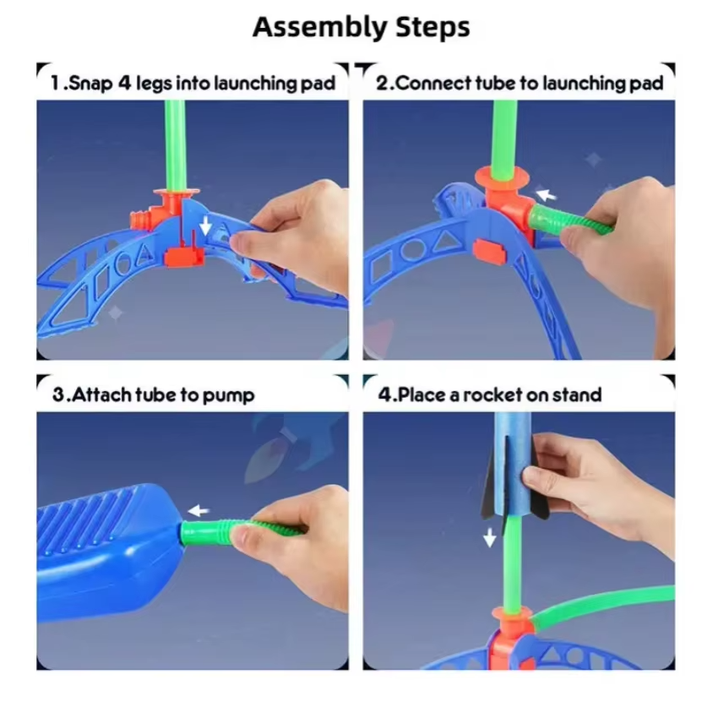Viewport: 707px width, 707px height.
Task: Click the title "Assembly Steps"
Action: click(362, 27)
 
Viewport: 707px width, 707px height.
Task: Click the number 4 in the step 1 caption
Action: click(124, 83)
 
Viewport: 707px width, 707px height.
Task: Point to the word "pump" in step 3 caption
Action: click(229, 396)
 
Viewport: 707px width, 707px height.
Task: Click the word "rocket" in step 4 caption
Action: click(492, 395)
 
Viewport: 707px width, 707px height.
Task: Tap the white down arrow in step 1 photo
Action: click(205, 225)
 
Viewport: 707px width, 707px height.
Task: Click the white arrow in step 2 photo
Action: click(546, 195)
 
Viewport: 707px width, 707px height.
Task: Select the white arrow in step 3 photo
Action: click(198, 511)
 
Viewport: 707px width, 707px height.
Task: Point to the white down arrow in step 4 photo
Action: click(489, 537)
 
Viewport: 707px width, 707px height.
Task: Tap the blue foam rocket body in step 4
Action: click(513, 465)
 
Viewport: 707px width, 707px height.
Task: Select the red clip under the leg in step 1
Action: click(184, 257)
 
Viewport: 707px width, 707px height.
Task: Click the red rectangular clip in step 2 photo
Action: click(490, 251)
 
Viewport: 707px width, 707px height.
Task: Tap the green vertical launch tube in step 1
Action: click(175, 145)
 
